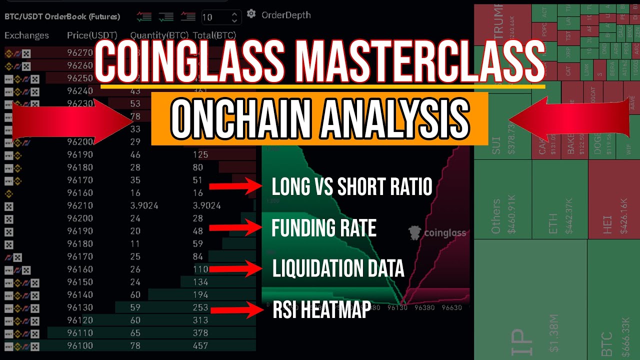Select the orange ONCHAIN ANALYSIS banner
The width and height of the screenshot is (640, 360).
(x=319, y=118)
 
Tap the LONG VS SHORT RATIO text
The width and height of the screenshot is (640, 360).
(x=351, y=187)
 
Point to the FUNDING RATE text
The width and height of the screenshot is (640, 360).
(x=323, y=228)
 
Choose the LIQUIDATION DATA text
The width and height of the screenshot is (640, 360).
(x=338, y=269)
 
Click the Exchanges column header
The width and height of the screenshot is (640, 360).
(x=27, y=35)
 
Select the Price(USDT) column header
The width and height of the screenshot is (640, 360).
(x=92, y=35)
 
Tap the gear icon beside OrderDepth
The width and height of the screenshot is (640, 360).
(x=251, y=14)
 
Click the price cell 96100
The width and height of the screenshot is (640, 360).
(x=80, y=345)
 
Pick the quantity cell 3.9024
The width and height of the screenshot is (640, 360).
(x=144, y=205)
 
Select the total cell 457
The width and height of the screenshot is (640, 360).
(x=200, y=345)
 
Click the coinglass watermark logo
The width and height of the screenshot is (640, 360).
(x=437, y=232)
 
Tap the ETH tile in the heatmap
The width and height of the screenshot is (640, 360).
(x=560, y=200)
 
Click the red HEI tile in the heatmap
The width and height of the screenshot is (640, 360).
(x=613, y=200)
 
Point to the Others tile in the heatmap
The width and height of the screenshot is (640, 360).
(x=502, y=200)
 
